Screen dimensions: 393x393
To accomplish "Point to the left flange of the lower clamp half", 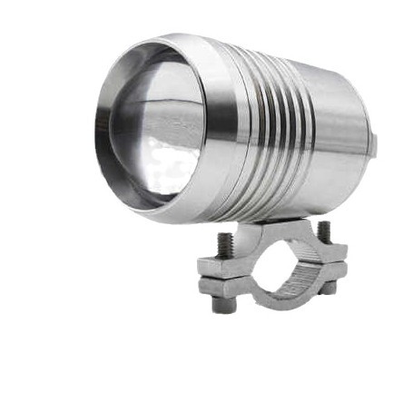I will coord(218,287).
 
